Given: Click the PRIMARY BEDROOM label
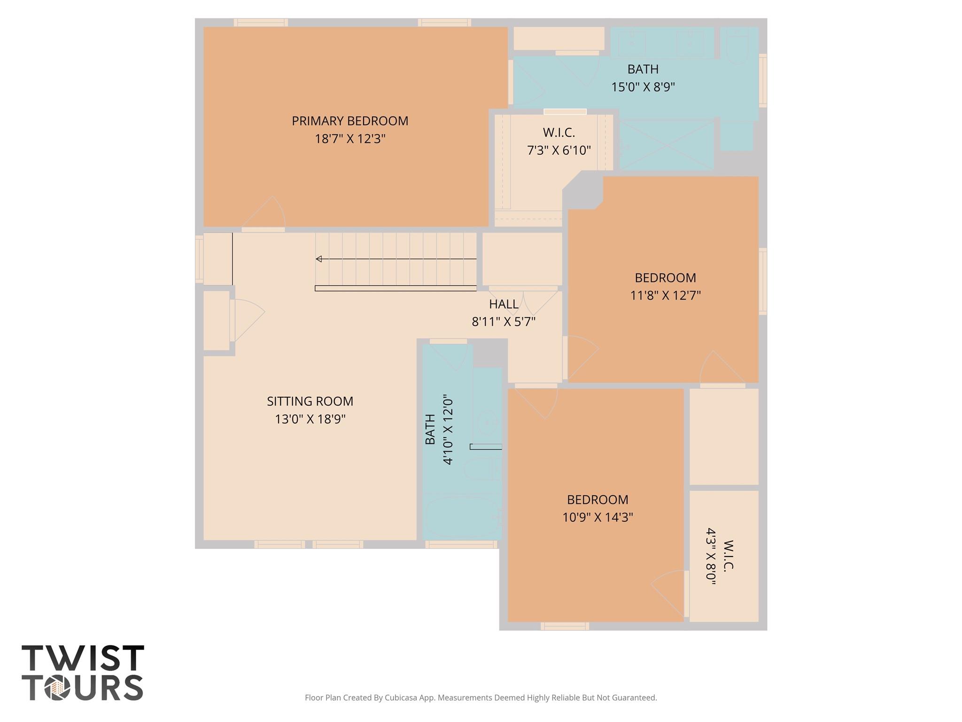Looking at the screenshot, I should tap(350, 121).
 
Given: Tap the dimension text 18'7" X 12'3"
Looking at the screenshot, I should tap(350, 139).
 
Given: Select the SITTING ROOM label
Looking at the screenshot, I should tap(310, 401).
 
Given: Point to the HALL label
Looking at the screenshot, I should tap(504, 304).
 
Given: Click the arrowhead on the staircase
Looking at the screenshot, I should tap(319, 259).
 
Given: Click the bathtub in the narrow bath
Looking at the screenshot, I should tap(462, 518).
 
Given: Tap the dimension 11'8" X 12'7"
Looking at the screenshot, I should tap(665, 295).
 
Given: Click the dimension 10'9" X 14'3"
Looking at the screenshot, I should tap(597, 517).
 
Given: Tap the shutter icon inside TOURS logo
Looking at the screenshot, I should tap(57, 689).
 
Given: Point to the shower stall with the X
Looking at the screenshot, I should tap(667, 145).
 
